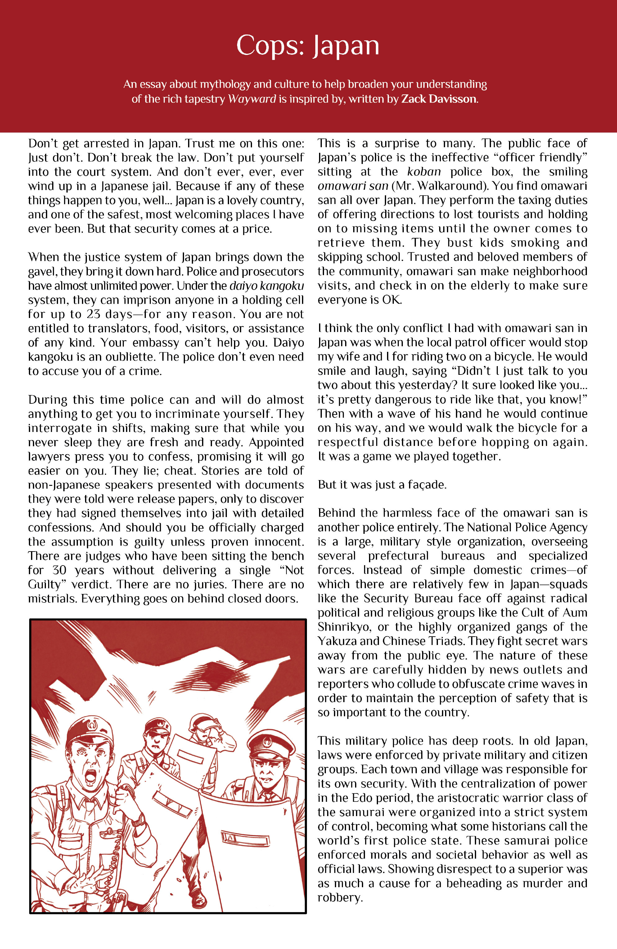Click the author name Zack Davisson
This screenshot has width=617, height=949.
click(x=439, y=99)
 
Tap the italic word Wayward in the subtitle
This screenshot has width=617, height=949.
click(x=251, y=99)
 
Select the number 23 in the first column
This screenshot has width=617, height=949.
click(x=93, y=314)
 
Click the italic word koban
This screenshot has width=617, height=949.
click(x=424, y=172)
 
